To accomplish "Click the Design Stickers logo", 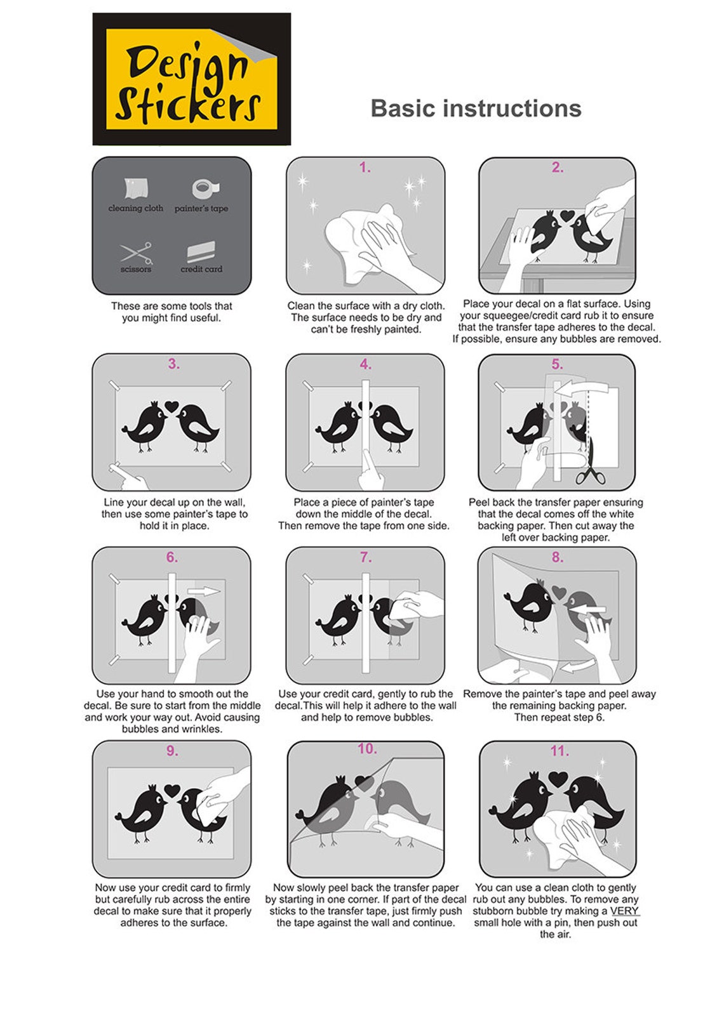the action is [x=191, y=79].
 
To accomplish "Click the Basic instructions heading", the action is [x=476, y=109].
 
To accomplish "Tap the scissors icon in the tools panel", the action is [x=136, y=253].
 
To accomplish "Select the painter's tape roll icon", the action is [x=206, y=188].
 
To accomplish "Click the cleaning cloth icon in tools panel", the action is [x=136, y=188].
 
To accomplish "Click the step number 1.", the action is [x=365, y=168].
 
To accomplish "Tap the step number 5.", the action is [x=557, y=364].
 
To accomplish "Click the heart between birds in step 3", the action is [x=171, y=406].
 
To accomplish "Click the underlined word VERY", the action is [x=624, y=911].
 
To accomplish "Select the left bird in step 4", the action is [x=337, y=428].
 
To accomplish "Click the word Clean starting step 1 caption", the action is [x=301, y=306].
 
